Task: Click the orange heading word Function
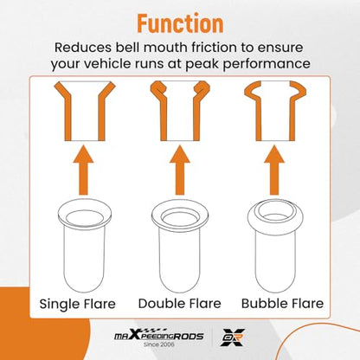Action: tap(180, 22)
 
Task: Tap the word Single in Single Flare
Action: tap(59, 305)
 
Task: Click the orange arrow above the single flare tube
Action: tap(83, 170)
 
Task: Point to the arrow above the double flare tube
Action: tap(180, 170)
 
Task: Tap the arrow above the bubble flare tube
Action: tap(274, 170)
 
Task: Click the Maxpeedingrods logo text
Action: tap(158, 336)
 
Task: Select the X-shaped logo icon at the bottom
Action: tap(233, 337)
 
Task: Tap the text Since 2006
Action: tap(159, 344)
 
